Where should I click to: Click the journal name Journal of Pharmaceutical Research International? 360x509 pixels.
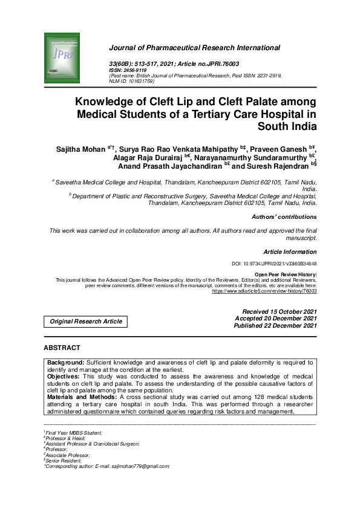click(x=194, y=48)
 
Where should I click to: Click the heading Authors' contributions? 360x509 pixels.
click(x=284, y=216)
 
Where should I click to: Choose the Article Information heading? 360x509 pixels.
click(x=290, y=251)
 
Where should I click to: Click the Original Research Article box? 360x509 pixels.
click(x=86, y=322)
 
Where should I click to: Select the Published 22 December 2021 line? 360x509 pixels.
click(x=275, y=326)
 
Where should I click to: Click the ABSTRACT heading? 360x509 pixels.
click(x=62, y=348)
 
